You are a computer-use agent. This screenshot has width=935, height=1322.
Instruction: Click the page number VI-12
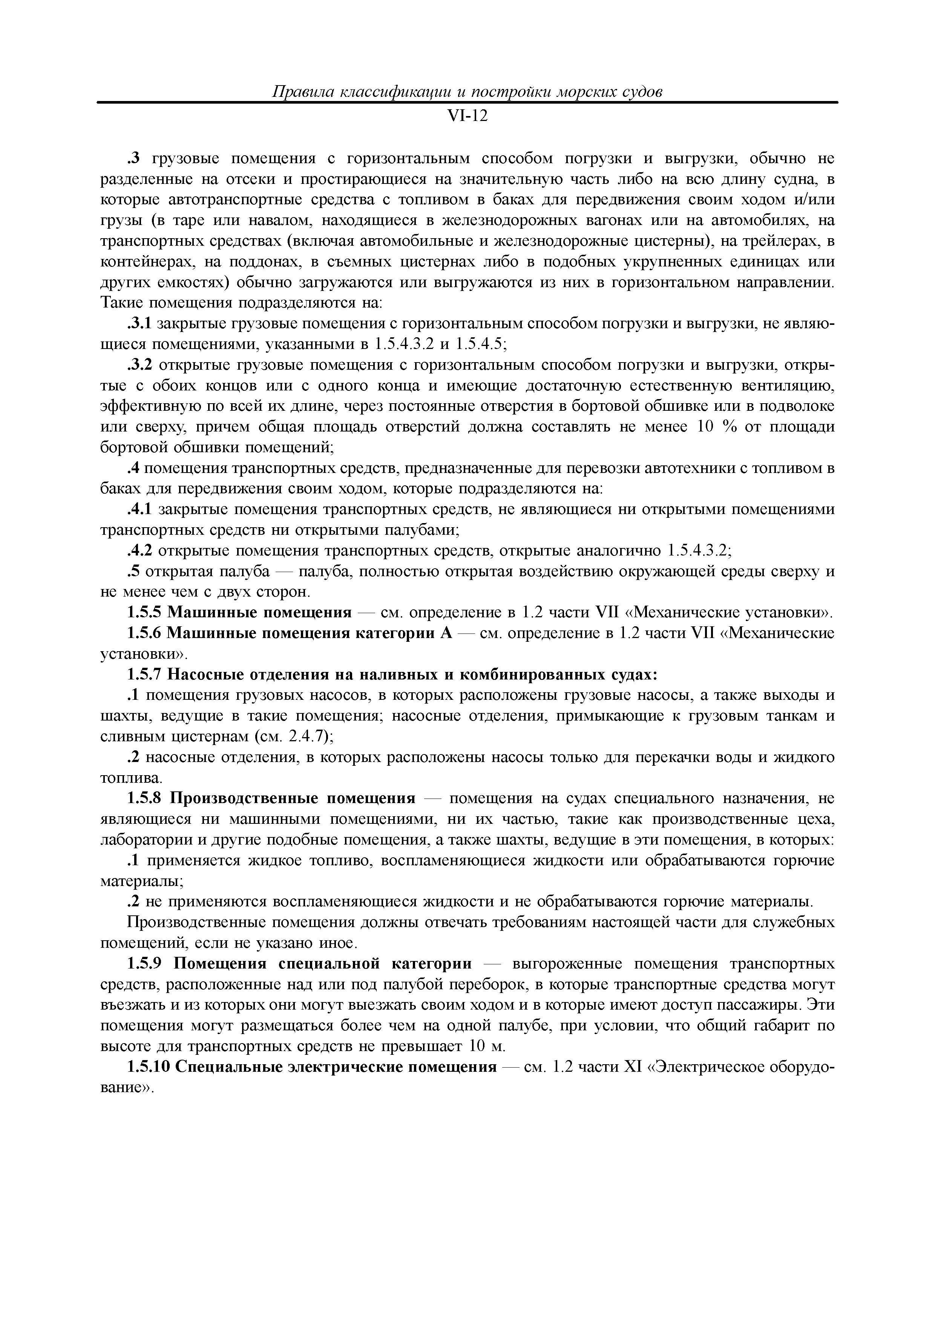click(467, 116)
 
